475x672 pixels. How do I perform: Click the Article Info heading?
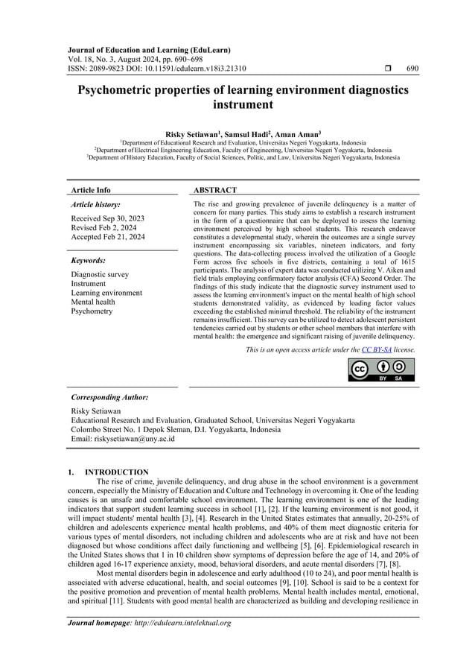click(x=89, y=191)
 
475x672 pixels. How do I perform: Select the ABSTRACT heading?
click(x=215, y=191)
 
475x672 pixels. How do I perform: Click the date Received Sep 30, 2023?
click(x=107, y=218)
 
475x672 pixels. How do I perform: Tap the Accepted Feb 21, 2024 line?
click(x=108, y=237)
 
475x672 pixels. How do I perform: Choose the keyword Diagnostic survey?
click(x=100, y=274)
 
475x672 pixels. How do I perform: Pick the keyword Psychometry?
click(x=92, y=311)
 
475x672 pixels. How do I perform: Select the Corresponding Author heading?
click(x=109, y=397)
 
